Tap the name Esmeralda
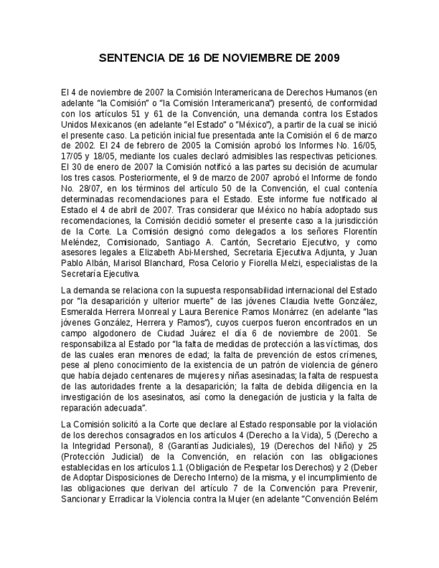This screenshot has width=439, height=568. click(84, 313)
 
